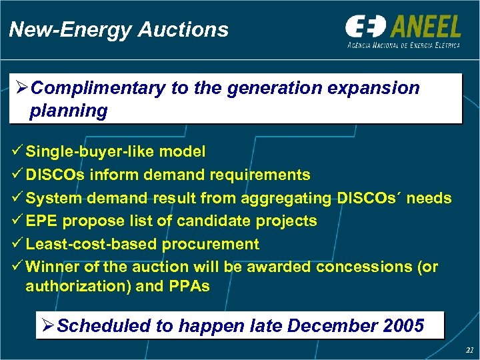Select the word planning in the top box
point(68,111)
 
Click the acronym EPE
point(41,221)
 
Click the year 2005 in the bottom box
point(404,326)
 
